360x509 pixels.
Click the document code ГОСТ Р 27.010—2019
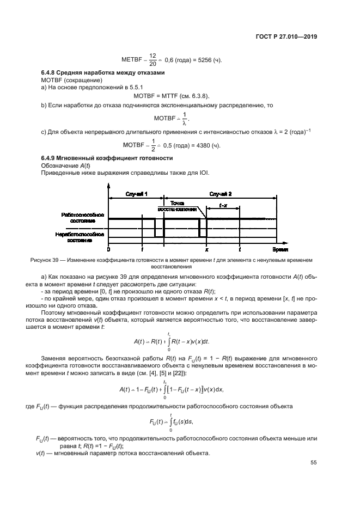point(286,37)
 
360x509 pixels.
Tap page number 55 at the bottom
point(314,463)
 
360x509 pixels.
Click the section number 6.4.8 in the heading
point(49,73)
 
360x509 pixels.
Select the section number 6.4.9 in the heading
point(49,158)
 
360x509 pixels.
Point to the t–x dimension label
point(223,206)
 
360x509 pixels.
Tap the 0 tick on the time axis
point(109,249)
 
